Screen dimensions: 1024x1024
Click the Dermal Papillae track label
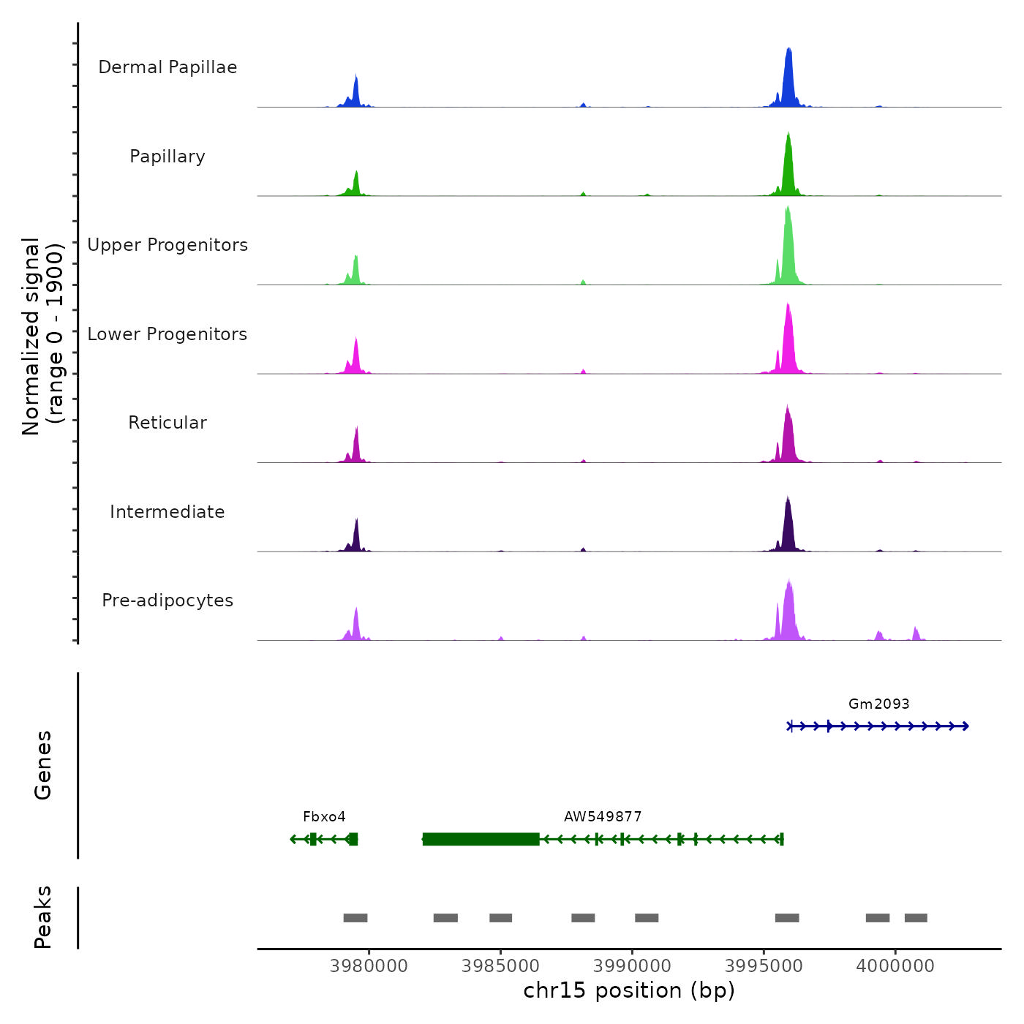tap(167, 67)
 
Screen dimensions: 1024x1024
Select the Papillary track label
tap(167, 157)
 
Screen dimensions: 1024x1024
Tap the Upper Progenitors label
tap(167, 245)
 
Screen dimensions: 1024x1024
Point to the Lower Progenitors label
tap(167, 334)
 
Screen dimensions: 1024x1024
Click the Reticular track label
tap(167, 423)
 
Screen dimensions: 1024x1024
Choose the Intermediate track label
tap(167, 512)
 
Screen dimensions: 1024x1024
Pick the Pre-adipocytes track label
tap(167, 601)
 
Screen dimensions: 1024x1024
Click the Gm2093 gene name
tap(878, 704)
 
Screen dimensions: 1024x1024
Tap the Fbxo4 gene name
tap(324, 816)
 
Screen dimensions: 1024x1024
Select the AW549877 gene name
tap(603, 816)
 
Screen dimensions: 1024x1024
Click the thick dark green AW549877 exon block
tap(481, 839)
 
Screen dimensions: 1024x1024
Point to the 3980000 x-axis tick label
tap(369, 966)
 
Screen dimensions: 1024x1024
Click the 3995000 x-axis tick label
tap(764, 966)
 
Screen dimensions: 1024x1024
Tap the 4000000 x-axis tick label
tap(895, 966)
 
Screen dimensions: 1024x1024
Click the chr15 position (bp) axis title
tap(629, 990)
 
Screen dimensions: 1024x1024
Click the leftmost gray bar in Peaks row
tap(355, 918)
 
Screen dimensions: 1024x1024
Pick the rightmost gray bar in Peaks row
tap(916, 918)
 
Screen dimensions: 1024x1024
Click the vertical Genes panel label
tap(43, 765)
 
